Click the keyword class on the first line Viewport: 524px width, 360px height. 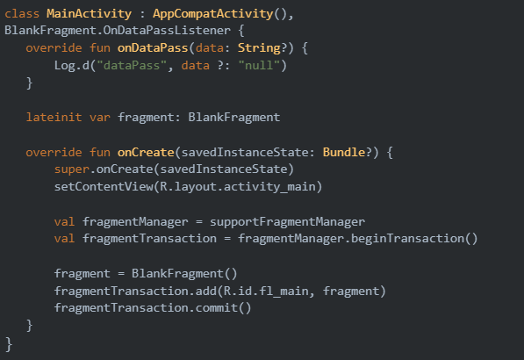pyautogui.click(x=22, y=14)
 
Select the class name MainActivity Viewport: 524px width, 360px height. pyautogui.click(x=89, y=14)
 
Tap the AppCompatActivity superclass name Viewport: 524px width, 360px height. pyautogui.click(x=213, y=14)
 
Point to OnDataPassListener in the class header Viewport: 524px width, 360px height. pyautogui.click(x=167, y=31)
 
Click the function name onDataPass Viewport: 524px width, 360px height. pyautogui.click(x=153, y=47)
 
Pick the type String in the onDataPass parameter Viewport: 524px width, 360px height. pyautogui.click(x=259, y=48)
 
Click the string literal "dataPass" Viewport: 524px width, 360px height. pyautogui.click(x=132, y=65)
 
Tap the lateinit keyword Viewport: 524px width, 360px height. pyautogui.click(x=54, y=118)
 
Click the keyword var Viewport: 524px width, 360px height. pyautogui.click(x=100, y=118)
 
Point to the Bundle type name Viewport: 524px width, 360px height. pyautogui.click(x=344, y=152)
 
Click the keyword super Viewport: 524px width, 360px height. pyautogui.click(x=72, y=169)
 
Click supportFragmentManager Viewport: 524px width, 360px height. pyautogui.click(x=287, y=221)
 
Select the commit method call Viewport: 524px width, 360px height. pyautogui.click(x=223, y=308)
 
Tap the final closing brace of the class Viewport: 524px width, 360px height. pyautogui.click(x=9, y=344)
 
